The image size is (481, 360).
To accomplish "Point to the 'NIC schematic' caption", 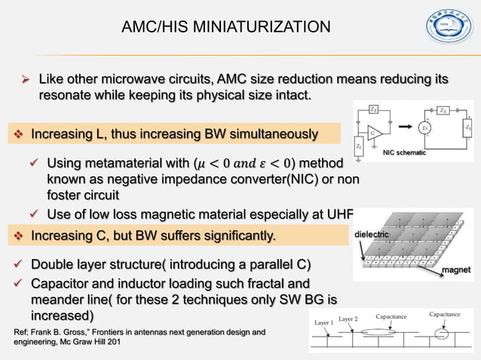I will (404, 153).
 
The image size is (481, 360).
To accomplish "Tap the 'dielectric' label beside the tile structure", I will (372, 235).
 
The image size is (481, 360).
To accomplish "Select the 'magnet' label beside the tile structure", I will (456, 269).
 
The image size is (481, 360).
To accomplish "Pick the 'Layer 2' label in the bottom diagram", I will (348, 319).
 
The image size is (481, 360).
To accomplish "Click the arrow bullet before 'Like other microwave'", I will (25, 80).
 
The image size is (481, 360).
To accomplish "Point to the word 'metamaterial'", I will (115, 163).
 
